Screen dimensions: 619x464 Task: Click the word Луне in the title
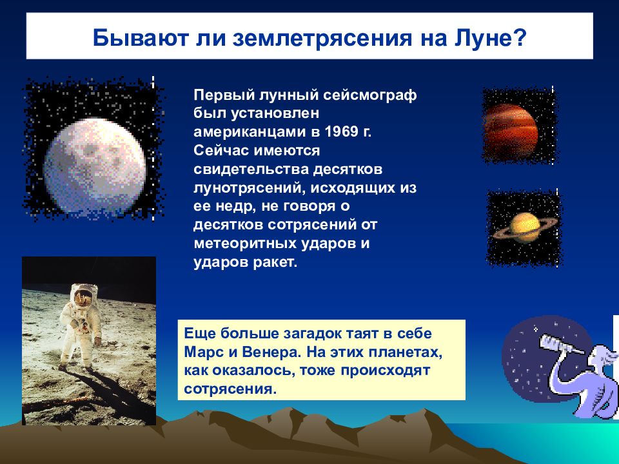tap(484, 37)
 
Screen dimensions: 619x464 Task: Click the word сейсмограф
tap(370, 95)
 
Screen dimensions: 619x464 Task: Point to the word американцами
tap(250, 132)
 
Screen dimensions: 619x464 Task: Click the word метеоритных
tap(245, 244)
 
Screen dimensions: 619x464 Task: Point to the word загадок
tap(313, 333)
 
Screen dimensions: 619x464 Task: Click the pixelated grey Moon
tap(95, 166)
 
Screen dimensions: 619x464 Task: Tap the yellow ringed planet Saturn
tap(525, 227)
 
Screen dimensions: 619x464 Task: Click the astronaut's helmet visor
tap(84, 296)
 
